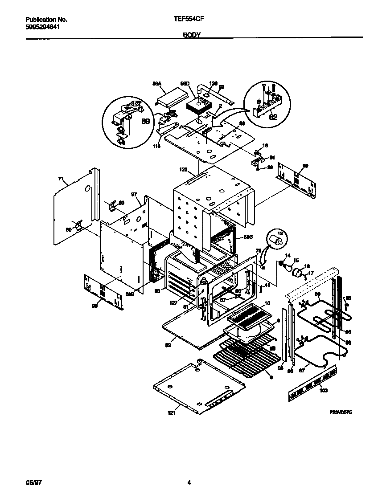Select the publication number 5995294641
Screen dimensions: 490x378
pyautogui.click(x=43, y=27)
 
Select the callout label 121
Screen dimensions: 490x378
pyautogui.click(x=172, y=413)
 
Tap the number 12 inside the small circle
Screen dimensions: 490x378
pyautogui.click(x=280, y=233)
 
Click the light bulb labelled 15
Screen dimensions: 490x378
pyautogui.click(x=290, y=268)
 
